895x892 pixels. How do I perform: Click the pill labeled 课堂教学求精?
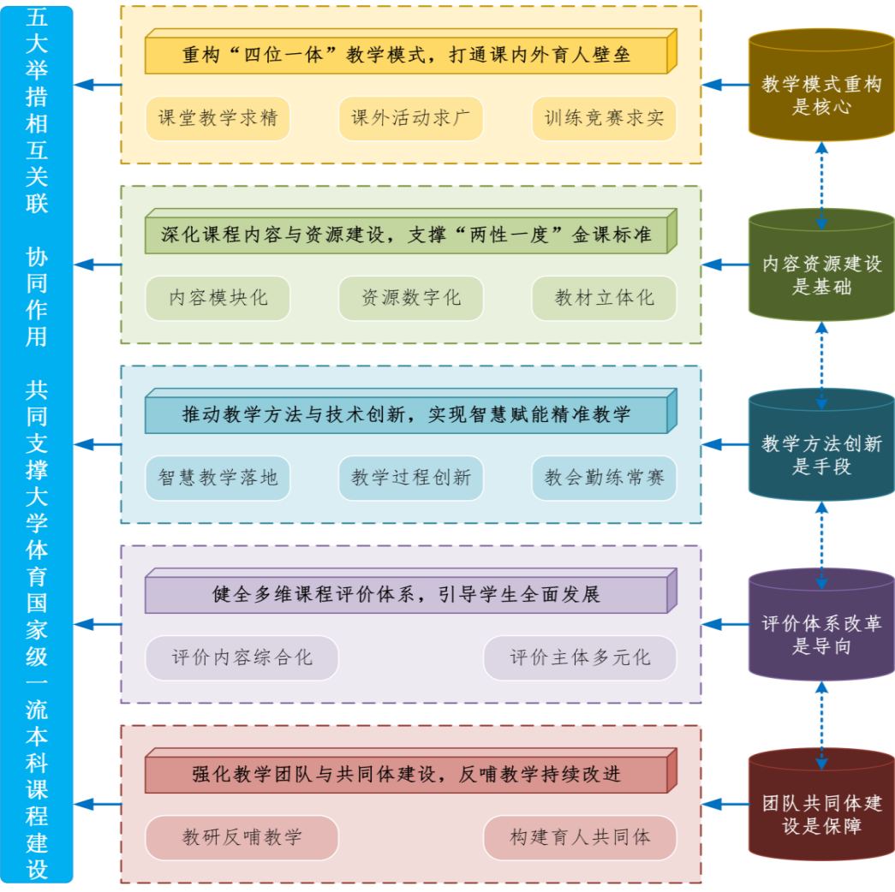tap(218, 118)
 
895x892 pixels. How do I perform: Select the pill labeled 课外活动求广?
tap(411, 118)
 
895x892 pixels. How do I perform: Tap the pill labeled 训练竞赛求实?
tap(604, 118)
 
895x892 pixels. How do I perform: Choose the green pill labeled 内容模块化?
tap(218, 298)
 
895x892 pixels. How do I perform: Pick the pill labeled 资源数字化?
tap(411, 298)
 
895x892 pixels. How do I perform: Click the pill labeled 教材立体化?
tap(604, 298)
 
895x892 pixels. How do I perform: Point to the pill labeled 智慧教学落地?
tap(218, 478)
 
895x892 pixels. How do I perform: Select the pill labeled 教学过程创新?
tap(411, 478)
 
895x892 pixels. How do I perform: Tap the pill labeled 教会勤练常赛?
tap(604, 478)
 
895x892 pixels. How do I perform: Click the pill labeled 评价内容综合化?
tap(242, 657)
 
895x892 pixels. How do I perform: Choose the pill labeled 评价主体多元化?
tap(580, 657)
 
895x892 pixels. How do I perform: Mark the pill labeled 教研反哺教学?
tap(242, 837)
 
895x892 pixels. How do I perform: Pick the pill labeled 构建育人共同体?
tap(580, 837)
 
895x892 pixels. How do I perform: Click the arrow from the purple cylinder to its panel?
tap(725, 625)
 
